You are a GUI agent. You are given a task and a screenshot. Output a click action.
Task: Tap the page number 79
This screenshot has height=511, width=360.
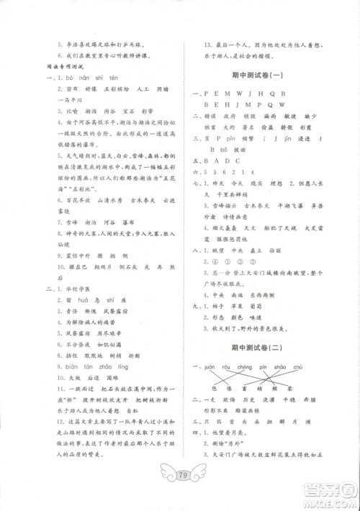point(180,476)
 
